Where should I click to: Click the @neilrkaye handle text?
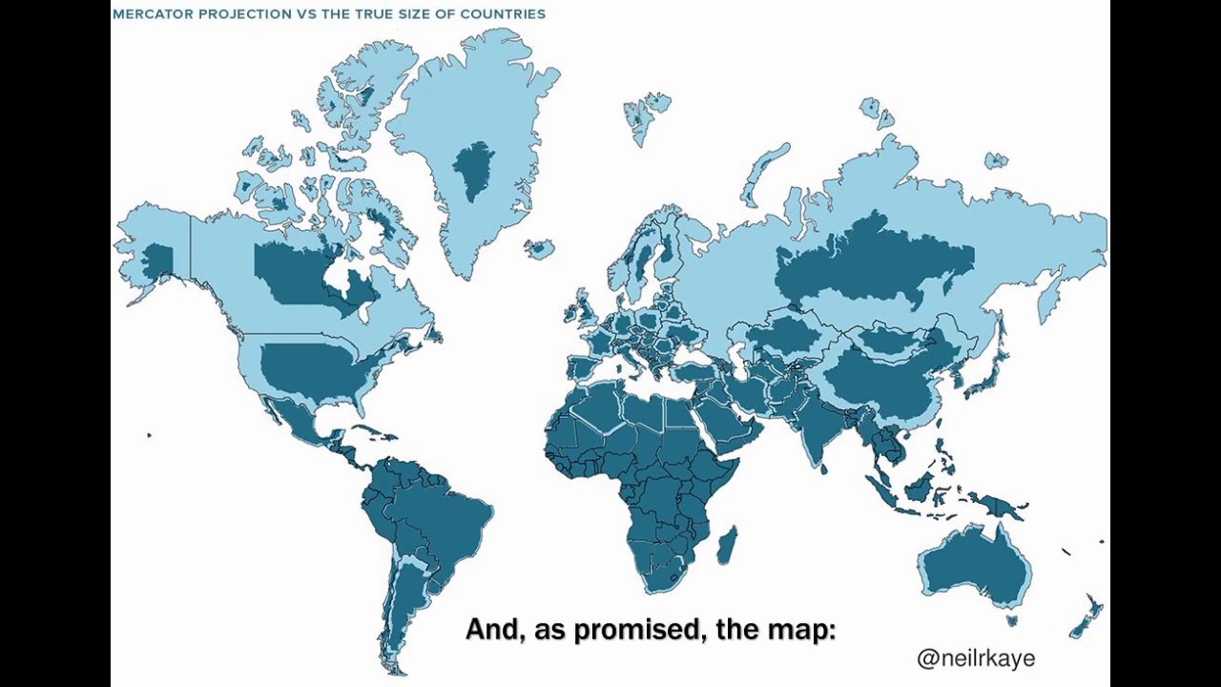tap(975, 657)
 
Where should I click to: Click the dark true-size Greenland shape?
tap(472, 170)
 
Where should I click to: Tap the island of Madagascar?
tap(726, 544)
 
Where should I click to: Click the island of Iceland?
tap(540, 249)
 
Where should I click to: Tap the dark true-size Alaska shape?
tap(156, 258)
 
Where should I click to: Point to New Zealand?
tap(1087, 615)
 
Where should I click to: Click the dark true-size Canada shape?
tap(296, 272)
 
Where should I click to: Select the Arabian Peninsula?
tap(730, 420)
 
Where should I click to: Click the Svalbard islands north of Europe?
tap(646, 113)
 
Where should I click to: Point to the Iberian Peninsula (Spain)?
tap(585, 367)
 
